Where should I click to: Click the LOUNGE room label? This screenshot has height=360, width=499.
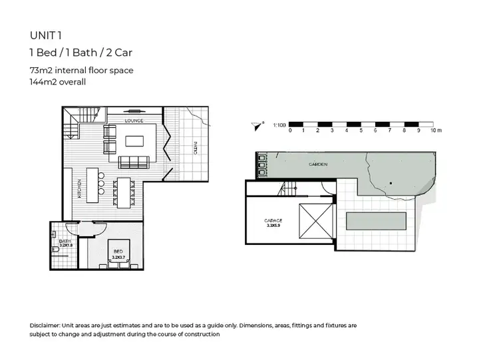point(135,120)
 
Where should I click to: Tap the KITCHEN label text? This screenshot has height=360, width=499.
point(79,190)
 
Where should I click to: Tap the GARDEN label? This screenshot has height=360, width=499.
point(317,164)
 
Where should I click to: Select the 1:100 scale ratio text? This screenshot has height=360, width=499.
point(280,124)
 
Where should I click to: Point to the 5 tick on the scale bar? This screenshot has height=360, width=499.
point(361,131)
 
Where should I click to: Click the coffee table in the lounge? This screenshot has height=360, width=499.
point(134,141)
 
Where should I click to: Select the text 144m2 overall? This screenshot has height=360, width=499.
point(58,82)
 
